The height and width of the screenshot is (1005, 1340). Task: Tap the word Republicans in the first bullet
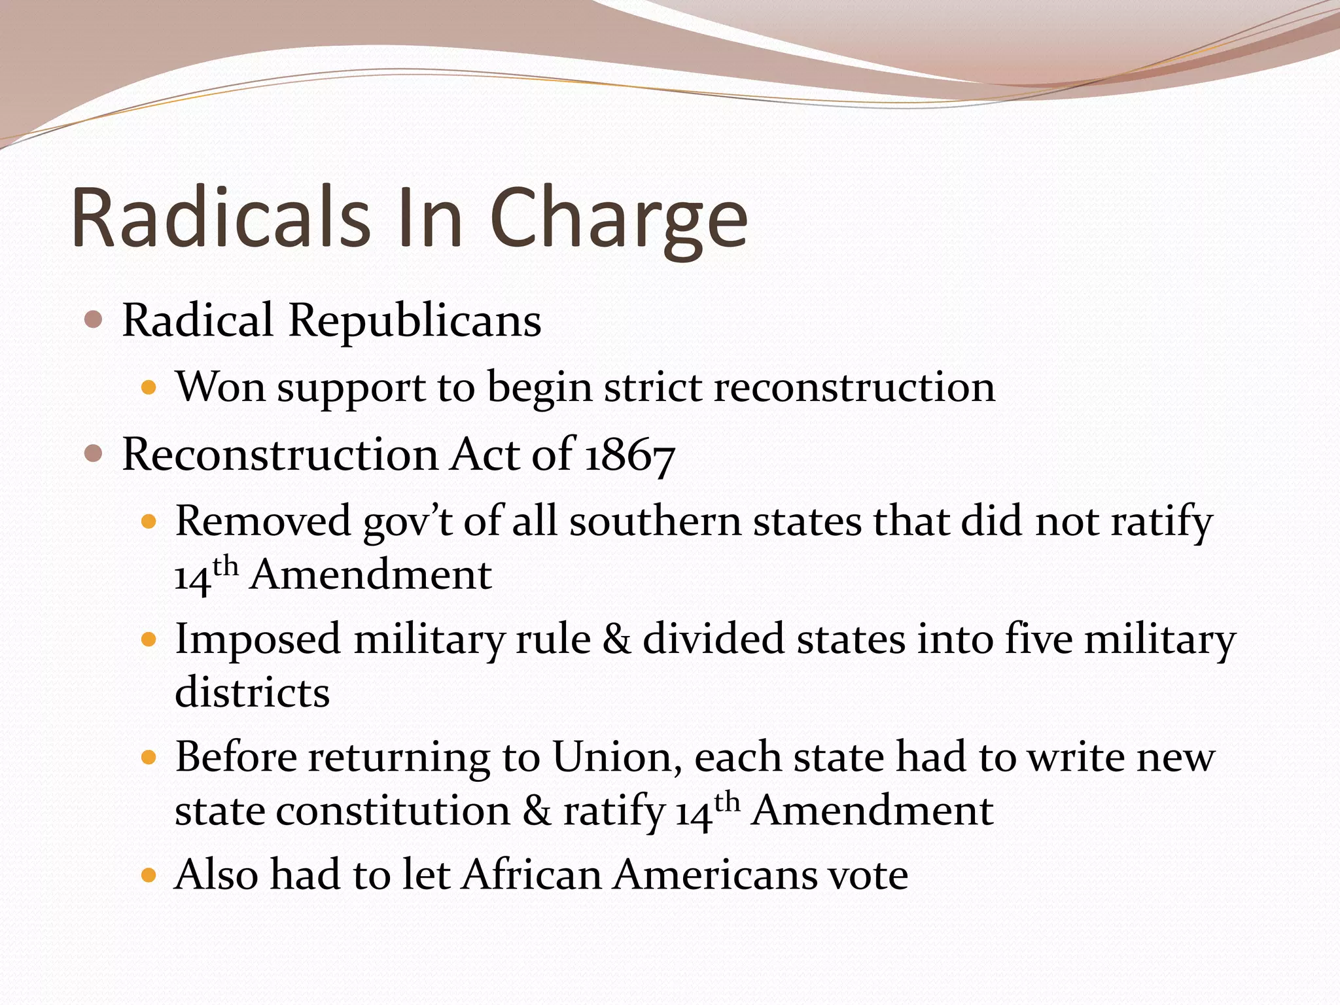point(415,321)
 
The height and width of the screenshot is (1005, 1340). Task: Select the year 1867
point(629,455)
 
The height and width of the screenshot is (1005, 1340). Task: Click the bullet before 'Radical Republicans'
point(94,320)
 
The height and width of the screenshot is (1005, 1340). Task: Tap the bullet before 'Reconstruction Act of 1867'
point(94,453)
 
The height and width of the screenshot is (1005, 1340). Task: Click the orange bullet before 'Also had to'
point(149,874)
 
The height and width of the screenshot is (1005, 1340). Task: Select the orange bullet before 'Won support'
point(149,387)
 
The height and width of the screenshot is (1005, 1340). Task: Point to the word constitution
point(393,811)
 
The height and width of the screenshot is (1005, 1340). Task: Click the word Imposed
point(258,639)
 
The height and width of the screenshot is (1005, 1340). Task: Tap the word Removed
point(263,521)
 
